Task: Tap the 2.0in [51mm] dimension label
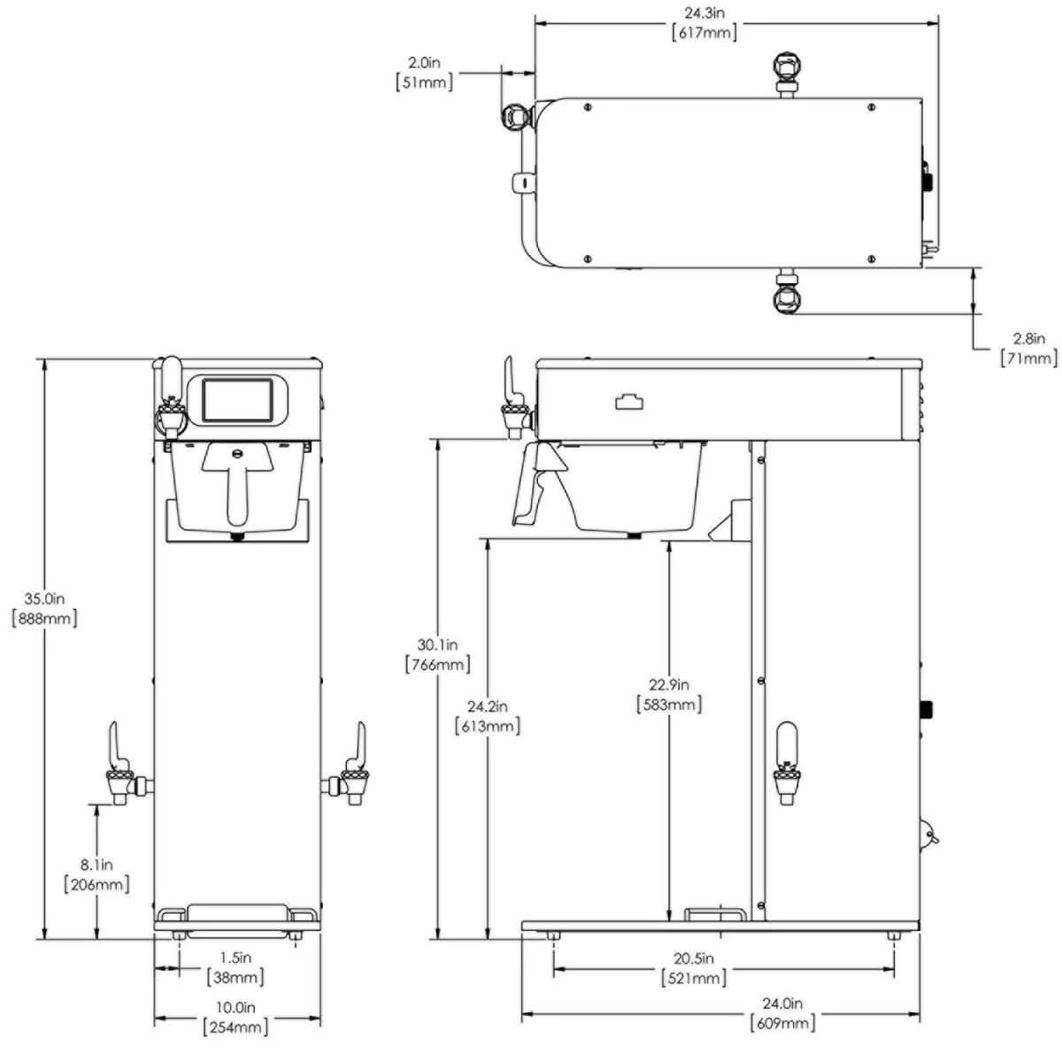tap(424, 73)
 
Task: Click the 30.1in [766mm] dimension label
tap(436, 654)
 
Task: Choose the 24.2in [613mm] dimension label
tap(487, 716)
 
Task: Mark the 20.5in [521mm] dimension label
tap(695, 968)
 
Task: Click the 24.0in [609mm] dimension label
tap(783, 1013)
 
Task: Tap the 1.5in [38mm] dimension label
tap(235, 967)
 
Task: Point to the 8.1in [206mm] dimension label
tap(96, 873)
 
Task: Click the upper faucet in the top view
tap(787, 71)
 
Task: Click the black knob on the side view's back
tap(927, 709)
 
